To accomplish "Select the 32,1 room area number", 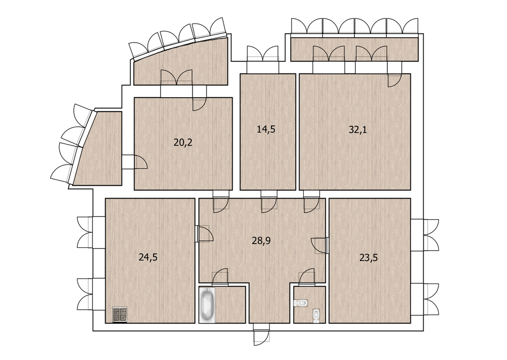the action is pos(358,130).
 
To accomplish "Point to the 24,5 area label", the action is pos(148,257).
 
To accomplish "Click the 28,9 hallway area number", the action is pos(261,240).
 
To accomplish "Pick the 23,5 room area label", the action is pos(369,258).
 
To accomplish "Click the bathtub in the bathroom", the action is pos(207,305).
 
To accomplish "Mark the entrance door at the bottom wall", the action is pos(261,334).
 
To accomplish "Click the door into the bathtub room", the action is pos(221,277).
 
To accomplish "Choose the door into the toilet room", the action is pos(307,277).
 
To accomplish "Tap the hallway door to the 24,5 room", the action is pos(205,234).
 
